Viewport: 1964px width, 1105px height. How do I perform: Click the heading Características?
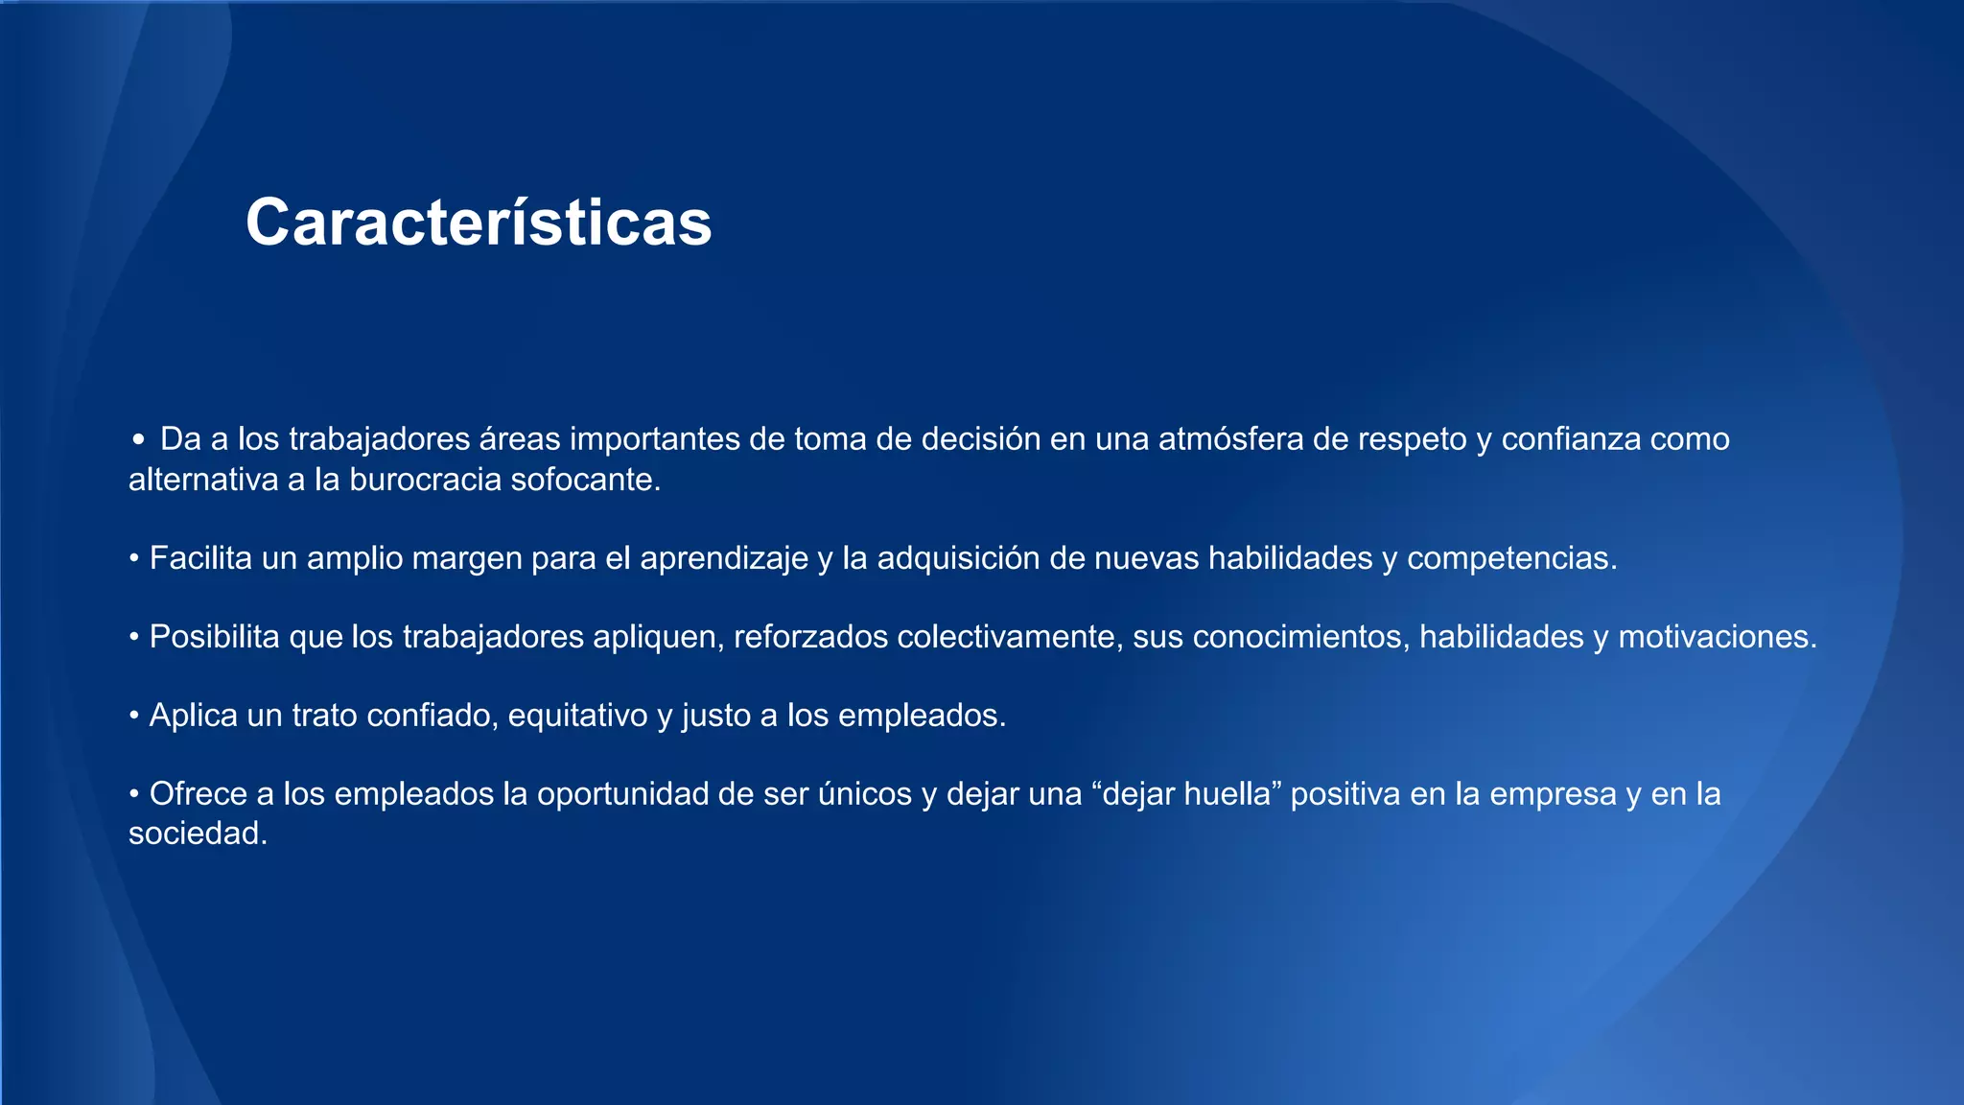pyautogui.click(x=479, y=223)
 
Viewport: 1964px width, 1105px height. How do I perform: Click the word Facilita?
pyautogui.click(x=200, y=558)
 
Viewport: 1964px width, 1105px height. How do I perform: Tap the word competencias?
pyautogui.click(x=1511, y=558)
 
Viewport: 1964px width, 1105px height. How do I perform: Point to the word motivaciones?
pyautogui.click(x=1717, y=637)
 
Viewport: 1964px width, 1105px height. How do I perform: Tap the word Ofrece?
pyautogui.click(x=199, y=794)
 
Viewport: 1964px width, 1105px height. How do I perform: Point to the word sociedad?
pyautogui.click(x=198, y=834)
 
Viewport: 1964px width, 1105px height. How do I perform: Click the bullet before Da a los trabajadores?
pyautogui.click(x=139, y=440)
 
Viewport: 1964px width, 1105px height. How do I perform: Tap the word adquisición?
pyautogui.click(x=958, y=558)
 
